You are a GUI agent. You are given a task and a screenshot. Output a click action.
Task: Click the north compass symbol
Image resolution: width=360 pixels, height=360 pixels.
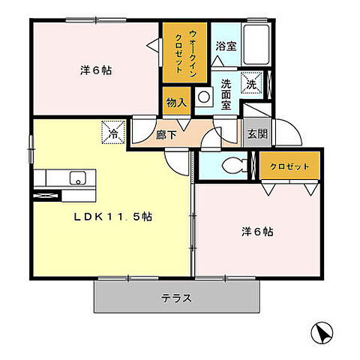[321, 331]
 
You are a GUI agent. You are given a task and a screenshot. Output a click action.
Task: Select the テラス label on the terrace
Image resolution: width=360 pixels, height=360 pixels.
[176, 298]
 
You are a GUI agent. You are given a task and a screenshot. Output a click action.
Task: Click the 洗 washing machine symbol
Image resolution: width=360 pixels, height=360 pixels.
[250, 83]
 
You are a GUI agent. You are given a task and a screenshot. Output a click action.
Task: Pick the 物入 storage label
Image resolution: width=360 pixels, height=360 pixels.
[176, 102]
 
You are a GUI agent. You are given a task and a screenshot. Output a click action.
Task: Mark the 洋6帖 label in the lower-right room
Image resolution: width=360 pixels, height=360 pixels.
[257, 232]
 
